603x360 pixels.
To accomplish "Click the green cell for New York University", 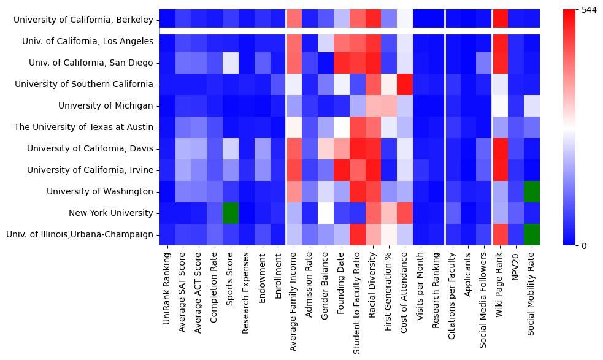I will (x=231, y=213).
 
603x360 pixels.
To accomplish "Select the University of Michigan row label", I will (x=106, y=105).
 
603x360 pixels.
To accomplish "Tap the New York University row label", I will (x=113, y=213).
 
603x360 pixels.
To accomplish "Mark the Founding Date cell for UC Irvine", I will (x=342, y=170).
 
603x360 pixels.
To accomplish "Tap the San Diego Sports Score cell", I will (x=231, y=63).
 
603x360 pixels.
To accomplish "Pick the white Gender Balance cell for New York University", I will (x=326, y=213).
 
